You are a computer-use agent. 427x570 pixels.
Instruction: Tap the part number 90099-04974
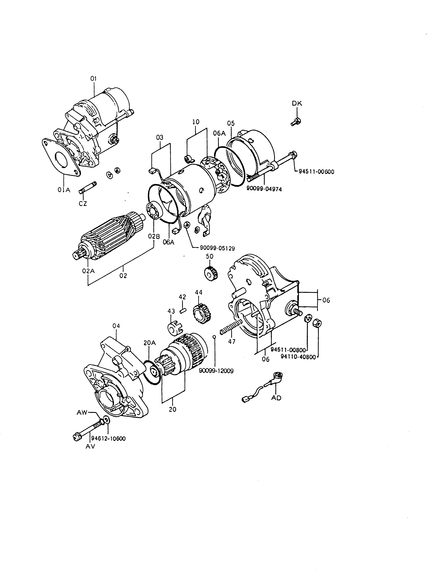pyautogui.click(x=264, y=189)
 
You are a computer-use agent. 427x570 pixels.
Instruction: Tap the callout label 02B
pyautogui.click(x=154, y=236)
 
